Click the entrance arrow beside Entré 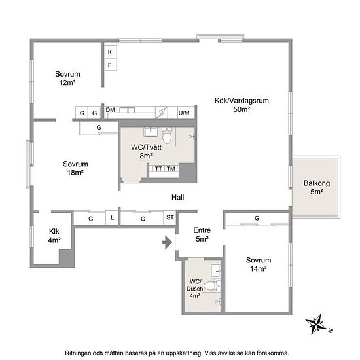click(168, 242)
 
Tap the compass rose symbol click(318, 324)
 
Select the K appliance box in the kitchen click(110, 52)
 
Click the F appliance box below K click(110, 65)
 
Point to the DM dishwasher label click(110, 110)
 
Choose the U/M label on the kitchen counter click(184, 113)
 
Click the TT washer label click(158, 169)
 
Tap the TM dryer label click(171, 169)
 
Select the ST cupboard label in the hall click(170, 217)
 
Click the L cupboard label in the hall click(113, 217)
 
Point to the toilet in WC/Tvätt click(167, 135)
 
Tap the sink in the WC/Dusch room click(215, 271)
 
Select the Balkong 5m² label click(317, 187)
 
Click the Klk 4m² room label click(54, 236)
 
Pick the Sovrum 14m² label click(259, 264)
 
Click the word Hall click(177, 197)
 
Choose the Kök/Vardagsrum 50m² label click(242, 105)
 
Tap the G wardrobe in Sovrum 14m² click(257, 219)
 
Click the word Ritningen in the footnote click(78, 353)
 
